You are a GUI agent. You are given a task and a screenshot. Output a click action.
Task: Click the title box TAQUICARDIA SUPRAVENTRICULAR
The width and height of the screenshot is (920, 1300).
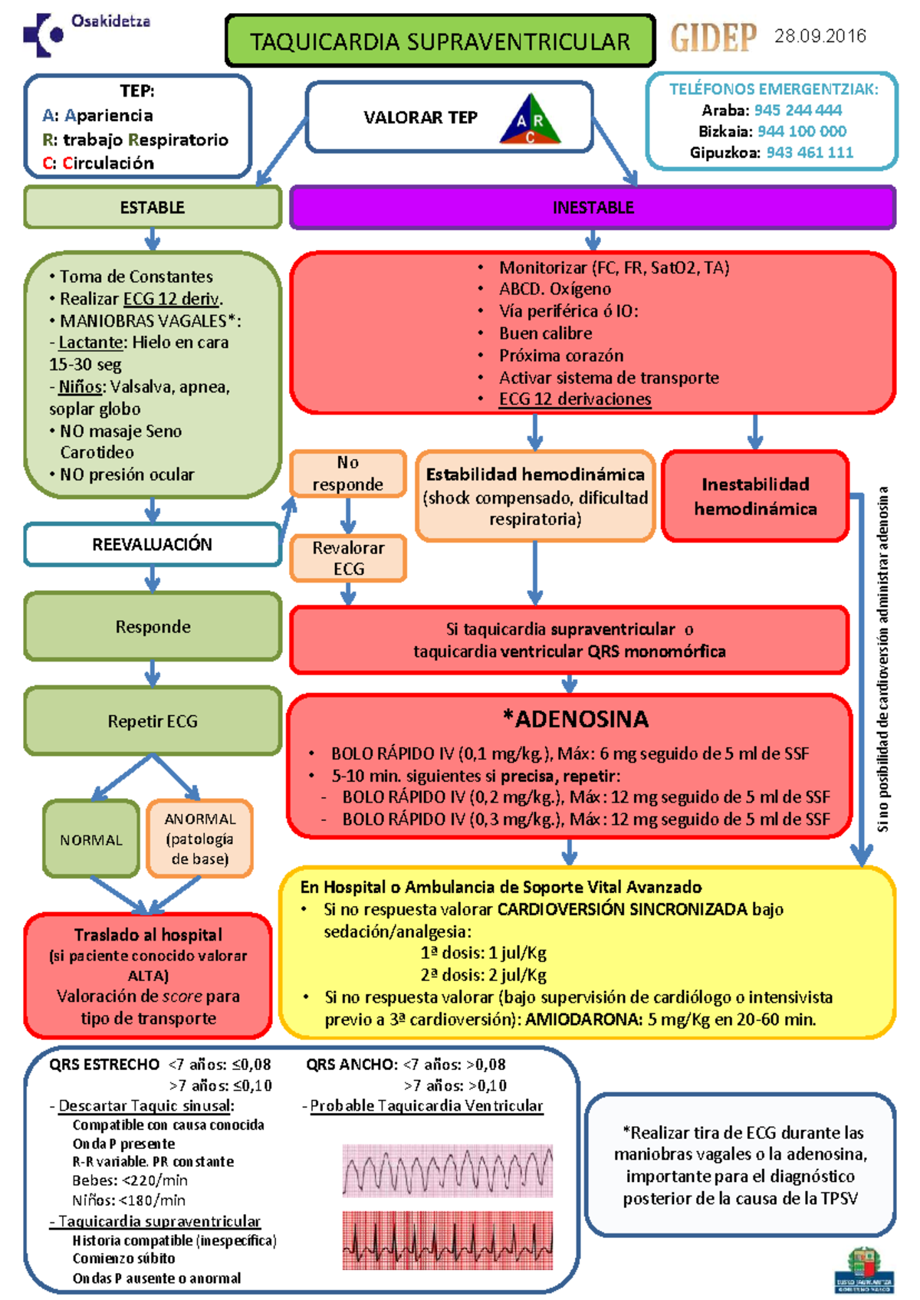(x=440, y=41)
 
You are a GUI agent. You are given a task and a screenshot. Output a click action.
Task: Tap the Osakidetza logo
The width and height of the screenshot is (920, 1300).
(x=86, y=34)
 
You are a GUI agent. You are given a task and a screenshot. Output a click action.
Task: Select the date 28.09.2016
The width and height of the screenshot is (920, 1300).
(x=820, y=36)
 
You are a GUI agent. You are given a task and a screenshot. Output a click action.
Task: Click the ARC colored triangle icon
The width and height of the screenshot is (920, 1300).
(x=530, y=119)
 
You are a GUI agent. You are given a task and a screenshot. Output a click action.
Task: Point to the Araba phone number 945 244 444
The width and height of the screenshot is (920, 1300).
(x=797, y=110)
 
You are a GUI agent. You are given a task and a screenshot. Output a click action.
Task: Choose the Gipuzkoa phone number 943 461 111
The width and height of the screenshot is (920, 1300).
(x=810, y=153)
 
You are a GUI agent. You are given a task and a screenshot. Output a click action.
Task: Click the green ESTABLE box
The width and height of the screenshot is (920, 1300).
(x=153, y=207)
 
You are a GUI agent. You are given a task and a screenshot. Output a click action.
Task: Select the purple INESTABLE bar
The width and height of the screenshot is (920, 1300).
(x=593, y=207)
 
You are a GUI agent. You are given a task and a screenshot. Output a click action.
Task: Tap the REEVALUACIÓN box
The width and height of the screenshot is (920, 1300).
(x=153, y=543)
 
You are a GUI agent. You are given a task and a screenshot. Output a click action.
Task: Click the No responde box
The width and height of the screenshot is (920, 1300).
(x=348, y=473)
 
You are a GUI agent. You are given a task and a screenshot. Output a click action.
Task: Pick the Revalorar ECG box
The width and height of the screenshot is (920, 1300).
(x=348, y=558)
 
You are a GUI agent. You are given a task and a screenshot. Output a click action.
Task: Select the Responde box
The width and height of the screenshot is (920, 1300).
(x=153, y=626)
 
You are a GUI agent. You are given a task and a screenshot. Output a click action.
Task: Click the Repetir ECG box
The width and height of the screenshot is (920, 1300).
(x=153, y=721)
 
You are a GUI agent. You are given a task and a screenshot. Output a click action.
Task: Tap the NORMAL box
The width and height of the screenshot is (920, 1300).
(x=91, y=839)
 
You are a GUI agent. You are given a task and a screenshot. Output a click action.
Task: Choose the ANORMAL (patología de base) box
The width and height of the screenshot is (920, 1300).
(x=199, y=839)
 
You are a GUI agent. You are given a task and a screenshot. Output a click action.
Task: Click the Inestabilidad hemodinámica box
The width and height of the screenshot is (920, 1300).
(x=755, y=496)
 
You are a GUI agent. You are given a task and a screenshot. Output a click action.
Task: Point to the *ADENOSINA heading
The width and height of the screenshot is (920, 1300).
(x=576, y=719)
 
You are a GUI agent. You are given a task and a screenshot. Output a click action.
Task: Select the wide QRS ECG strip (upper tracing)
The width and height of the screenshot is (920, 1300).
(x=448, y=1170)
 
